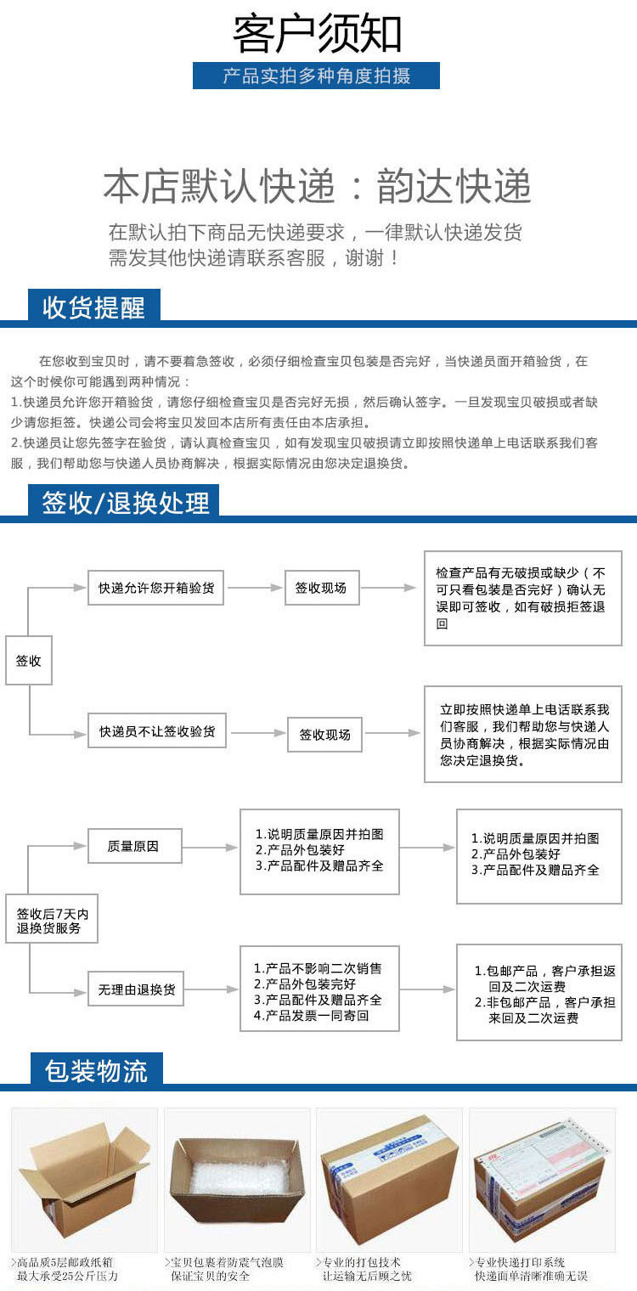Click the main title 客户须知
point(318,34)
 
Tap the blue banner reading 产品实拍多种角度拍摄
point(316,76)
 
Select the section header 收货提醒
point(93,307)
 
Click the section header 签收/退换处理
point(125,502)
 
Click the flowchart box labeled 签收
point(29,660)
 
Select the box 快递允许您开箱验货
point(155,588)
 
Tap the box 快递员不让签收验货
point(157,730)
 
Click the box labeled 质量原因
point(134,846)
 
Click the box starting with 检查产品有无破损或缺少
point(522,597)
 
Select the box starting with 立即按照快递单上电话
point(522,735)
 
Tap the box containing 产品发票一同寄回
point(318,991)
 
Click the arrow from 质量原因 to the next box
point(210,847)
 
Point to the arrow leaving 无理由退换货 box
point(210,989)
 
